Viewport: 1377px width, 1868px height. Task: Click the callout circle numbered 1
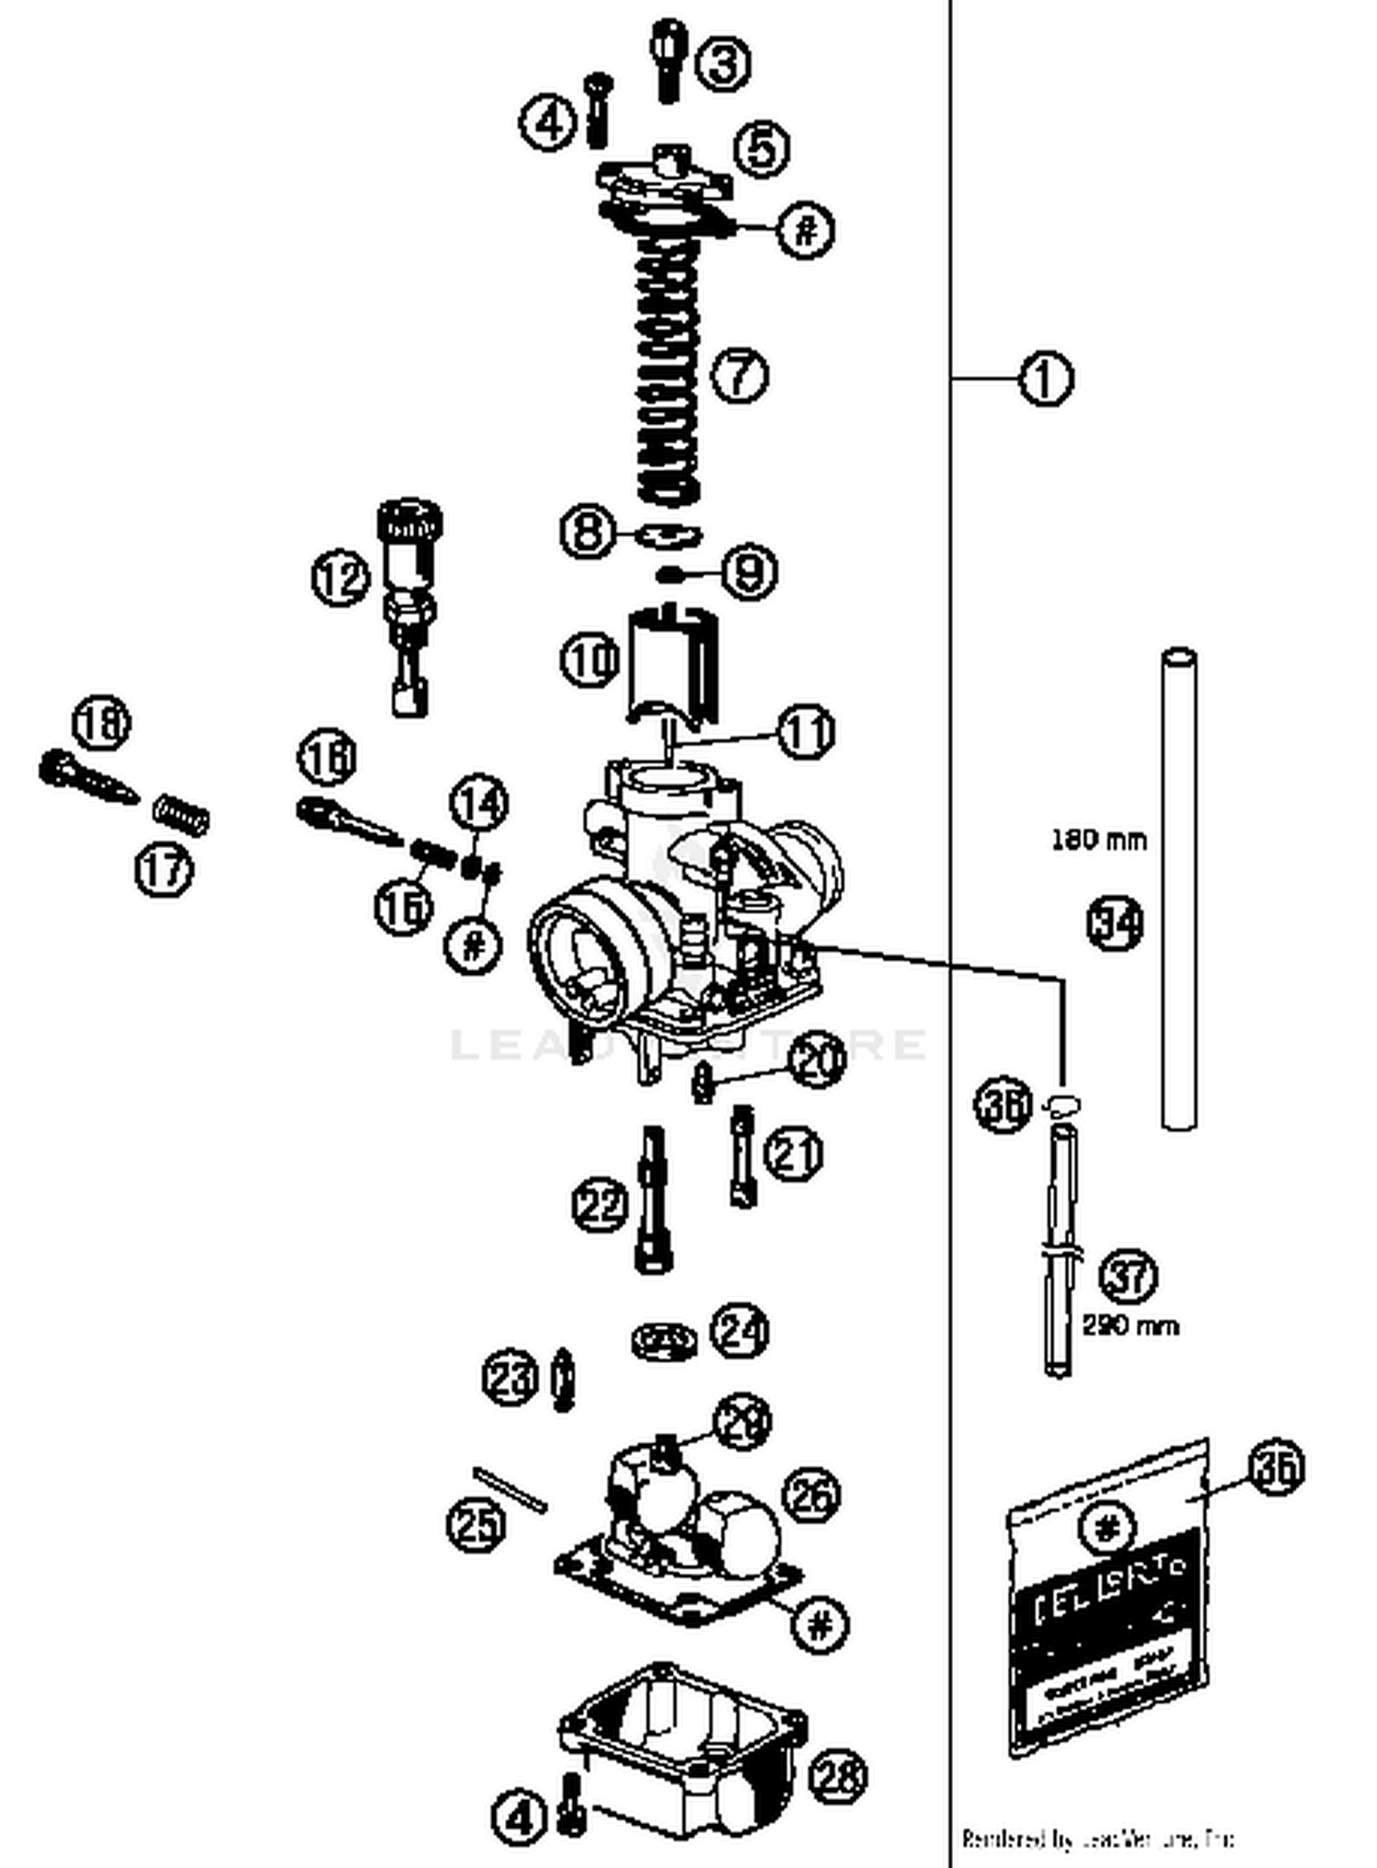click(1046, 377)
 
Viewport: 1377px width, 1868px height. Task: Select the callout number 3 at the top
click(722, 63)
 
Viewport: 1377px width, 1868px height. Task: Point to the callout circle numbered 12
click(341, 578)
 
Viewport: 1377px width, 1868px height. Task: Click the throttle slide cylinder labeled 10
click(672, 665)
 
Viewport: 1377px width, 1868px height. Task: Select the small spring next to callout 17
click(181, 814)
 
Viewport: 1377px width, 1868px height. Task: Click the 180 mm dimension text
click(1098, 839)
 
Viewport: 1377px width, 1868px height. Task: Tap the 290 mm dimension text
click(1129, 1325)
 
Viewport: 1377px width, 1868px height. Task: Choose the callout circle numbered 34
click(1115, 923)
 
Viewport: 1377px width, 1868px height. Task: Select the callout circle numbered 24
click(740, 1330)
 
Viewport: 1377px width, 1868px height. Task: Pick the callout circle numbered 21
click(794, 1153)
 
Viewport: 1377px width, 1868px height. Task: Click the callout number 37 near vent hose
click(1128, 1276)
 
